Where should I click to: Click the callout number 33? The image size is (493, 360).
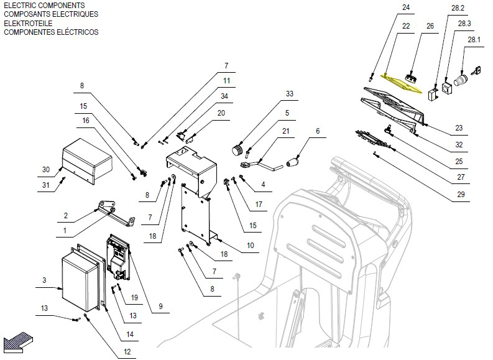tap(289, 93)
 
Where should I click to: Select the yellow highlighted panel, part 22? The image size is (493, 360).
tap(401, 83)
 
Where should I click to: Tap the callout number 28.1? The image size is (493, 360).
tap(474, 40)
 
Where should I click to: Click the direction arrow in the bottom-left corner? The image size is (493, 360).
tap(18, 342)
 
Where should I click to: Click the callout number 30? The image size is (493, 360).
tap(46, 170)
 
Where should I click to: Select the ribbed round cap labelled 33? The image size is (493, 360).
tap(239, 149)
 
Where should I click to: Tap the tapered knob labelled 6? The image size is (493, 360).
tap(293, 162)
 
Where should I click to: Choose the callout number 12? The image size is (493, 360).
tap(127, 351)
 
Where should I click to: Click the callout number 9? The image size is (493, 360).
tap(160, 306)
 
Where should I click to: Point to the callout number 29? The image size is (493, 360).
tap(461, 195)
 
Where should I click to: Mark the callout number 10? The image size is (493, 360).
tap(251, 245)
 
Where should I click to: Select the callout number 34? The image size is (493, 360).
tap(224, 96)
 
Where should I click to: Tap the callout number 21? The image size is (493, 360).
tap(285, 131)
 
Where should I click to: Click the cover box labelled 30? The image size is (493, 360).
tap(87, 161)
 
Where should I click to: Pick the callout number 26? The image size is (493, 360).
tap(430, 25)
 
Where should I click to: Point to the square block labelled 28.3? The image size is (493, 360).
tap(448, 88)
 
